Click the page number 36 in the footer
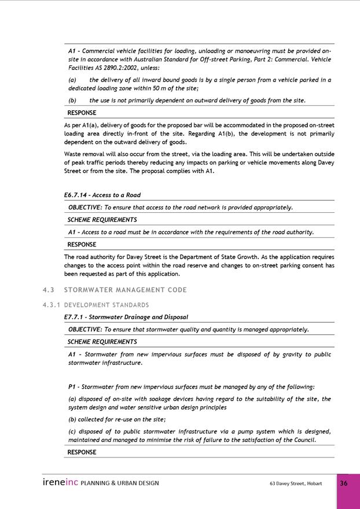[x=343, y=483]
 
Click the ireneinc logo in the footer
[x=60, y=482]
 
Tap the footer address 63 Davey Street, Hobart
[x=296, y=483]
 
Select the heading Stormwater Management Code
[x=125, y=290]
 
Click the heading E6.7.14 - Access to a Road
[x=102, y=195]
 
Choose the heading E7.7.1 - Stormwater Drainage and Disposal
[x=126, y=317]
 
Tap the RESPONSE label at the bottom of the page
[x=82, y=452]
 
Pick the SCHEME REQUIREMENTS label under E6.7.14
[x=102, y=220]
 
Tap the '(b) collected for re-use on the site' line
[x=117, y=419]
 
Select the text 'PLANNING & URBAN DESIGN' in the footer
[x=120, y=483]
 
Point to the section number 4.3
[x=48, y=290]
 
